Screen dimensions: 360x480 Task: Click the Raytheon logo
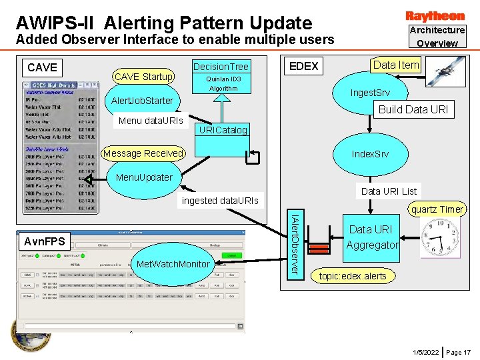point(435,15)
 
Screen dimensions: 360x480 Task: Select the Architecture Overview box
point(437,37)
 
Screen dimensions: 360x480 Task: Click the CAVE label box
point(43,67)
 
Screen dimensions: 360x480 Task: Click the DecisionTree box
point(220,66)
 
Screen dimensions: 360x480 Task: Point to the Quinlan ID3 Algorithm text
point(223,83)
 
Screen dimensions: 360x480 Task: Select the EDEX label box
point(303,66)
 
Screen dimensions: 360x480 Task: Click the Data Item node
point(396,65)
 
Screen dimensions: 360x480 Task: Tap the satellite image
point(445,71)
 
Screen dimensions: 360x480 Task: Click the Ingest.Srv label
point(370,93)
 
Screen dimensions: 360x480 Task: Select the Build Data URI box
point(413,109)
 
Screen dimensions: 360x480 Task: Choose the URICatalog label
point(223,130)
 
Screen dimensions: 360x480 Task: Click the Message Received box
point(143,153)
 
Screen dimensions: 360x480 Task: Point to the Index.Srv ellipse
point(370,154)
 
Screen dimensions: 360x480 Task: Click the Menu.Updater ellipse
point(144,178)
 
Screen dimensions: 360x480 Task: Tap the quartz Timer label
point(437,209)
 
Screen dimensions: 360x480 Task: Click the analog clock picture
point(440,238)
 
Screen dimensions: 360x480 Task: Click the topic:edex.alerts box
point(353,276)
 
